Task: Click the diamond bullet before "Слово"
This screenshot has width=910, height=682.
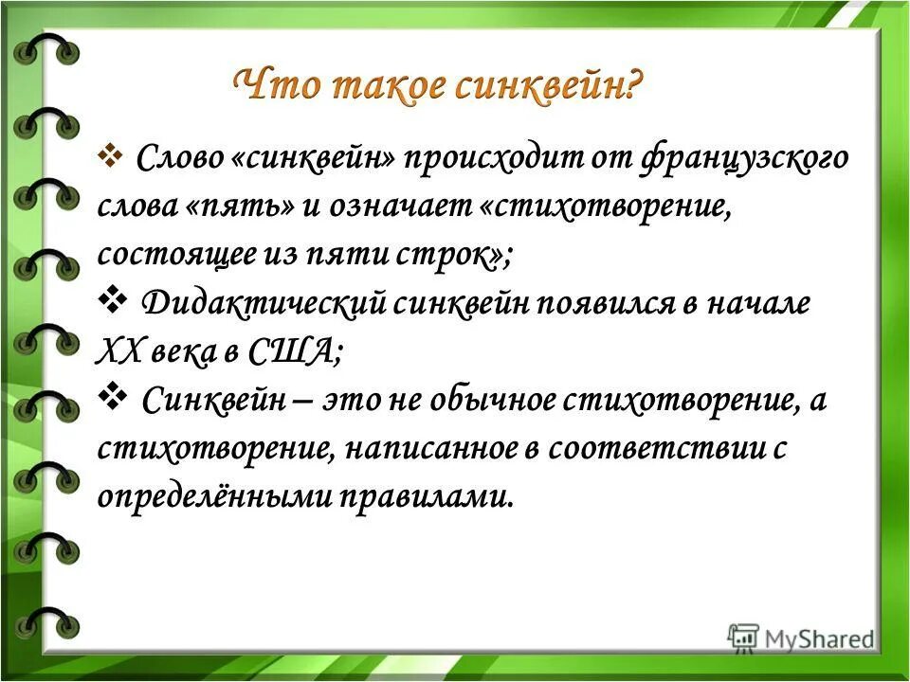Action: (x=112, y=152)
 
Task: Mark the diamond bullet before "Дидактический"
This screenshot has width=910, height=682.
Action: (x=114, y=299)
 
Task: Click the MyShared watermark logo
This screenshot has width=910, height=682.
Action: (x=801, y=637)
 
